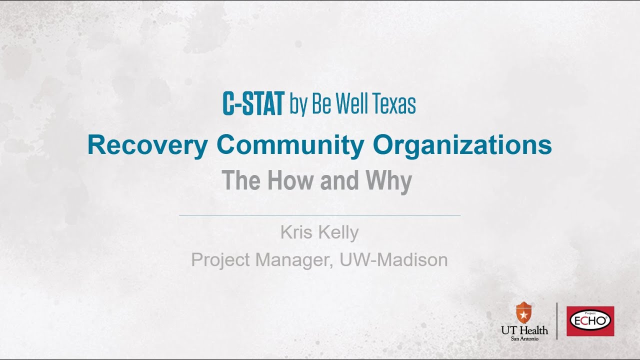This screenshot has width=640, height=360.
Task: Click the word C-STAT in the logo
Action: pyautogui.click(x=253, y=103)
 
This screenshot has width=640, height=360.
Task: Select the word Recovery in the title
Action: pyautogui.click(x=147, y=145)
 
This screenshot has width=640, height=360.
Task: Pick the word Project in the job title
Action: pyautogui.click(x=220, y=260)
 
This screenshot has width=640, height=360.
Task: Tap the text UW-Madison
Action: pyautogui.click(x=393, y=260)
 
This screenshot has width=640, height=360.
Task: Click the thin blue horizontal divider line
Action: pyautogui.click(x=319, y=215)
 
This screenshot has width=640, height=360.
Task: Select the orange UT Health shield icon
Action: pyautogui.click(x=523, y=313)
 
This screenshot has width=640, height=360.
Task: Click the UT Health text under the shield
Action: pyautogui.click(x=524, y=330)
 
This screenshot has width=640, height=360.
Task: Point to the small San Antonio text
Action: pyautogui.click(x=524, y=338)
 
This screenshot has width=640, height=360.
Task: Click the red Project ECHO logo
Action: pyautogui.click(x=590, y=321)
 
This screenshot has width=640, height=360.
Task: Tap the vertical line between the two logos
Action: pyautogui.click(x=557, y=321)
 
